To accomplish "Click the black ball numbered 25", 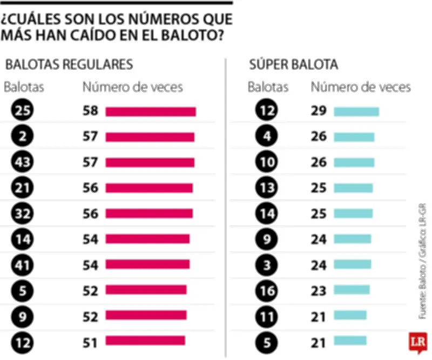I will click(x=22, y=111).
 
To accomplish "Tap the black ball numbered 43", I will click(x=22, y=162).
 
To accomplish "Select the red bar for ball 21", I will click(x=148, y=188).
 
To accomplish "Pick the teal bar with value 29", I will click(x=356, y=111).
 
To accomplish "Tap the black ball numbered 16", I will click(x=266, y=290).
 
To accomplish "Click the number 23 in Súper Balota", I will click(x=319, y=290).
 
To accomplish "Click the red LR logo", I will click(x=416, y=342).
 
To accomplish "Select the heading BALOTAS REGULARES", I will click(x=69, y=65).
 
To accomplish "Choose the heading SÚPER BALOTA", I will click(x=293, y=65).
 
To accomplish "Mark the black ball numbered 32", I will click(x=22, y=213).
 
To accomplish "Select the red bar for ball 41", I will click(x=147, y=264).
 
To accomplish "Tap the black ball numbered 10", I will click(x=266, y=162).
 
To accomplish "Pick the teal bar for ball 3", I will click(x=352, y=264).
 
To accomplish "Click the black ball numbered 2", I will click(x=22, y=137).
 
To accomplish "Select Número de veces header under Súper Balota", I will click(x=361, y=87).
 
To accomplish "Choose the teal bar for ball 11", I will click(x=350, y=315).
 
